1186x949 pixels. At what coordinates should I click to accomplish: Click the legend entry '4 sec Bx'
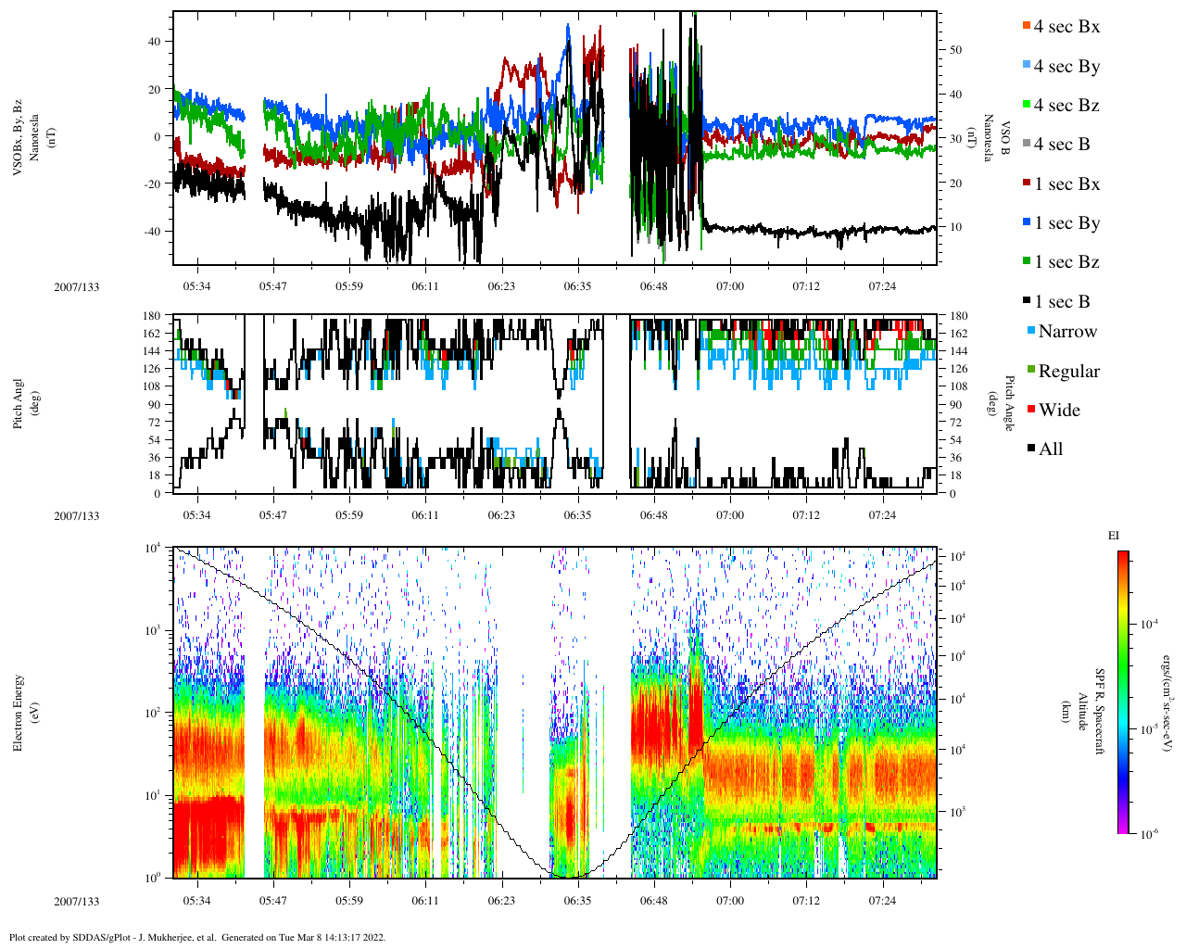pyautogui.click(x=1066, y=27)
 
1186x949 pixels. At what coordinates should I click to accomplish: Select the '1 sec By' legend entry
pyautogui.click(x=1066, y=223)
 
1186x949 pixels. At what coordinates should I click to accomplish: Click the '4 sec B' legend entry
pyautogui.click(x=1062, y=145)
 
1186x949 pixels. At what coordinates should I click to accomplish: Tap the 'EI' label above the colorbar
pyautogui.click(x=1114, y=536)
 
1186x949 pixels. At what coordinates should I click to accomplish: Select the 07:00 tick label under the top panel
pyautogui.click(x=730, y=286)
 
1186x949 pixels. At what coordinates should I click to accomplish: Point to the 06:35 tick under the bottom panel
pyautogui.click(x=577, y=901)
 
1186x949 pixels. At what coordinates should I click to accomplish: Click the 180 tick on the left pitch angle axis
pyautogui.click(x=152, y=316)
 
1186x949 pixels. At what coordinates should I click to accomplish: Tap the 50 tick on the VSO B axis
pyautogui.click(x=954, y=50)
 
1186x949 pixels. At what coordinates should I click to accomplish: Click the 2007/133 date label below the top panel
pyautogui.click(x=76, y=287)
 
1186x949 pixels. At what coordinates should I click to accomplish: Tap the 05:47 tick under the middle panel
pyautogui.click(x=272, y=515)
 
